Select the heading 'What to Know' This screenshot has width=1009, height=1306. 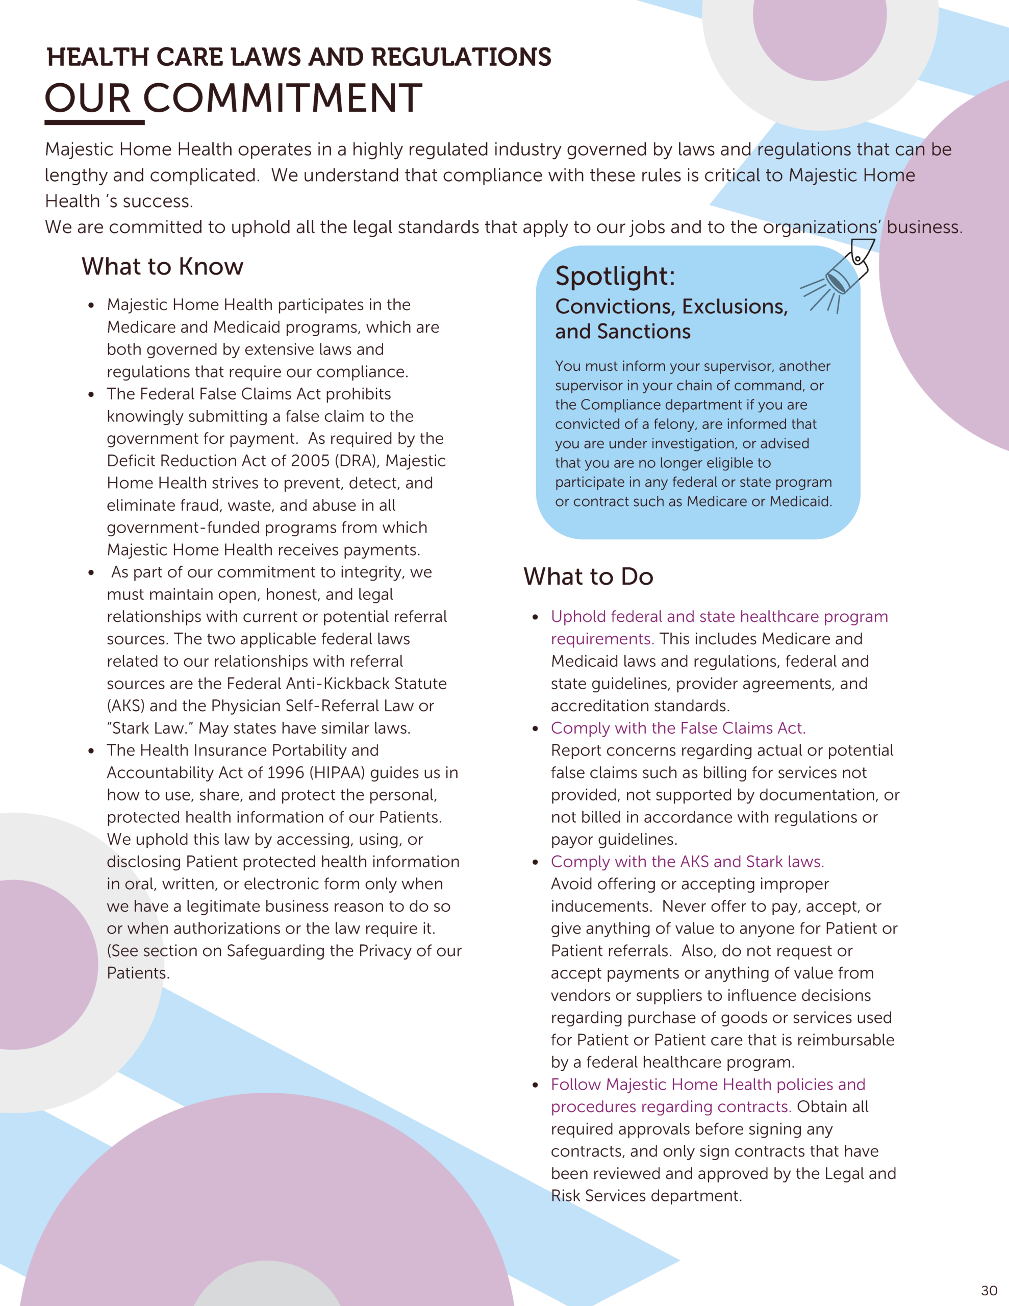pyautogui.click(x=162, y=266)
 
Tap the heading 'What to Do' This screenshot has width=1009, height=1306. pyautogui.click(x=588, y=576)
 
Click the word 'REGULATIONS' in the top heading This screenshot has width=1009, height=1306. pyautogui.click(x=461, y=58)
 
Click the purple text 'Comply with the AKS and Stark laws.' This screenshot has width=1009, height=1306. pyautogui.click(x=687, y=862)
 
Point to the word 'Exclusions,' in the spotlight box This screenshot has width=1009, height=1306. pyautogui.click(x=735, y=306)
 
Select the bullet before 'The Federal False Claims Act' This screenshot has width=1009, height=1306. pyautogui.click(x=91, y=395)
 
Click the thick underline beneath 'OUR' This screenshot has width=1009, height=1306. pyautogui.click(x=94, y=122)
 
